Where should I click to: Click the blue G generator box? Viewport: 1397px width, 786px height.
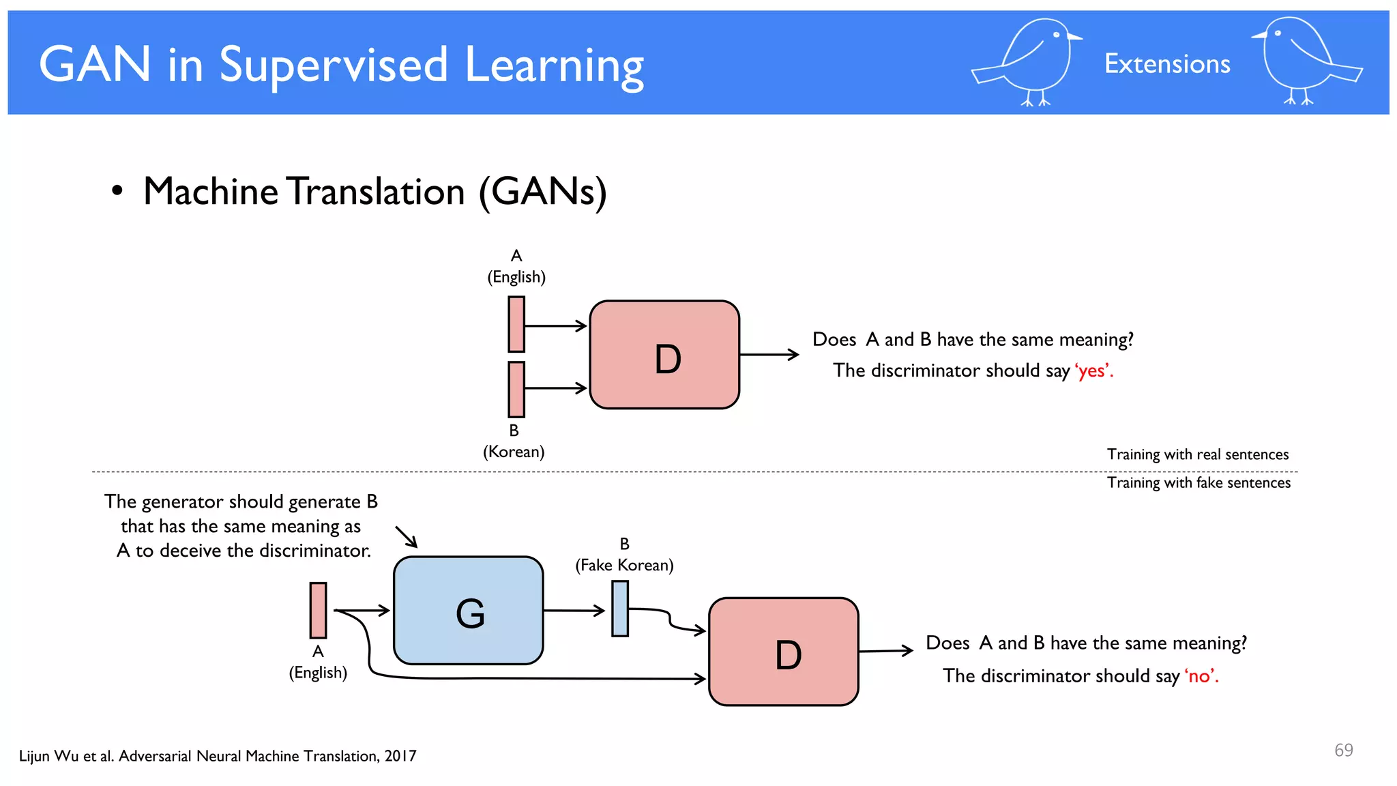[469, 611]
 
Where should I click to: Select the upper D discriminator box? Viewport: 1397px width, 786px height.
[664, 355]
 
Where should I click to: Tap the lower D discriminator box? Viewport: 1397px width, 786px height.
[783, 652]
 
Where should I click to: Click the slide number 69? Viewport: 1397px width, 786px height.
[1343, 751]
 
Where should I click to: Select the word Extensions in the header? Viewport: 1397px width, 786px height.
[1167, 64]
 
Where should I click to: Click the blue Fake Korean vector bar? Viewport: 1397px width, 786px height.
[620, 609]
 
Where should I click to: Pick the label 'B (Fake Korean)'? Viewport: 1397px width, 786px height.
[624, 555]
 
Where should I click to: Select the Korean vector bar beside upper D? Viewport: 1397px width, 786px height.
[516, 390]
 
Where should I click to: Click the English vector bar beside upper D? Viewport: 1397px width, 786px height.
[516, 324]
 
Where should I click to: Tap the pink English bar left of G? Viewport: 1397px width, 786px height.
[318, 610]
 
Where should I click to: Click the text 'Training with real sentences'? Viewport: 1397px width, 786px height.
[1197, 454]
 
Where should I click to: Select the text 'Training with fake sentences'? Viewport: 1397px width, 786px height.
[1199, 483]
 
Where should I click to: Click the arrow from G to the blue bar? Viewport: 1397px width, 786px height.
[574, 611]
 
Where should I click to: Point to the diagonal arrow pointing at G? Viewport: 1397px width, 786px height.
[407, 537]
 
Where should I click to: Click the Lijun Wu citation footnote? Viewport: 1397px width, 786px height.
[218, 756]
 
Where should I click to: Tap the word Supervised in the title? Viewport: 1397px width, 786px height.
[334, 66]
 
